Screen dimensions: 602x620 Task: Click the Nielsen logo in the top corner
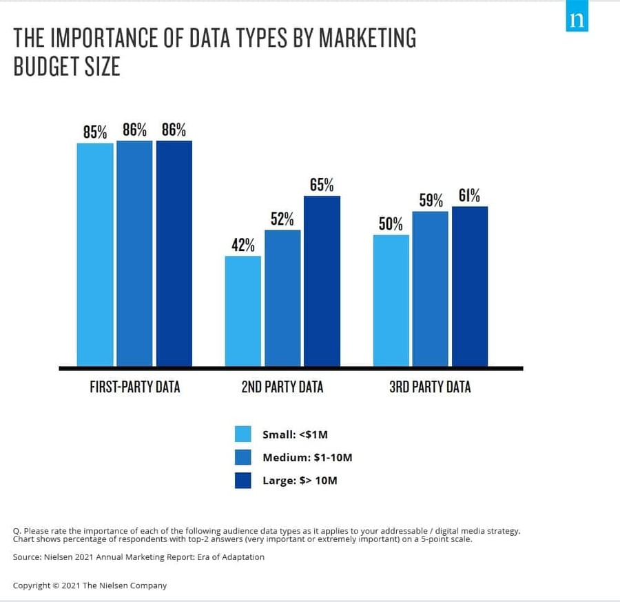click(x=577, y=19)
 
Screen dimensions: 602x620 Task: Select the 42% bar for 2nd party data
click(x=243, y=310)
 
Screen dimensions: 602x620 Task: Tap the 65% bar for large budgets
click(x=322, y=281)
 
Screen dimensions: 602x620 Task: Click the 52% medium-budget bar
click(x=282, y=297)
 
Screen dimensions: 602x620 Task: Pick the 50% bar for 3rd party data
click(x=391, y=300)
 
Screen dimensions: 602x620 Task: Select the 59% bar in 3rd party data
click(x=431, y=288)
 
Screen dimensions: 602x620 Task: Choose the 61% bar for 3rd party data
click(x=470, y=286)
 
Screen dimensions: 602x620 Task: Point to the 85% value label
click(x=95, y=132)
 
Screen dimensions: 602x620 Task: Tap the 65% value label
click(x=322, y=185)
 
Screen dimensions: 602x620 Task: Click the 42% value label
click(x=243, y=245)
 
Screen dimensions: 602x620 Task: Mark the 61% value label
click(x=470, y=196)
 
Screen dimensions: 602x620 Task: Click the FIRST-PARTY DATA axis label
click(x=135, y=387)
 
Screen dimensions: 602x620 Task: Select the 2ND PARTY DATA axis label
click(x=282, y=387)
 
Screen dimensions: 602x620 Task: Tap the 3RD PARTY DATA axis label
click(x=431, y=387)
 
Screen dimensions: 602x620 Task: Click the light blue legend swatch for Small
click(x=243, y=434)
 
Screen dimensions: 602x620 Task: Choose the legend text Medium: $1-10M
click(x=307, y=457)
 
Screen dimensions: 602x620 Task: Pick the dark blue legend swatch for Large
click(x=243, y=480)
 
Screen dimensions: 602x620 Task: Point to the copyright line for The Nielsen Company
click(x=90, y=585)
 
